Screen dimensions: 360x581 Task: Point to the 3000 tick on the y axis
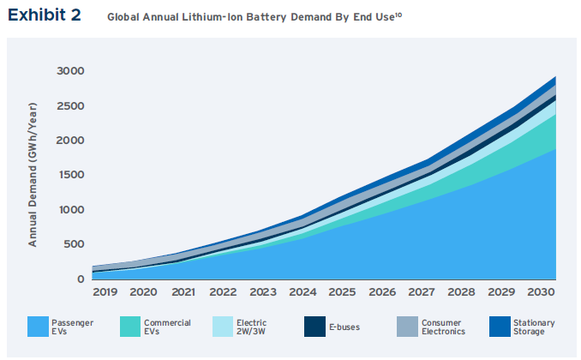click(70, 70)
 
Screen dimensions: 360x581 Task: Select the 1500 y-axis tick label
click(70, 175)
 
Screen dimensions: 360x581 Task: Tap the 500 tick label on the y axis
click(74, 244)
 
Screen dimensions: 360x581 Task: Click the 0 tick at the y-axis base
click(81, 279)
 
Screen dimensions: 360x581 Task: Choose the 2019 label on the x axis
click(105, 292)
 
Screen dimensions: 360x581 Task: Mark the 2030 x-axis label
click(540, 292)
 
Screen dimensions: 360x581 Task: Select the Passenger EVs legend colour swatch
click(48, 327)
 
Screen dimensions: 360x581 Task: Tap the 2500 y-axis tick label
click(70, 105)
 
